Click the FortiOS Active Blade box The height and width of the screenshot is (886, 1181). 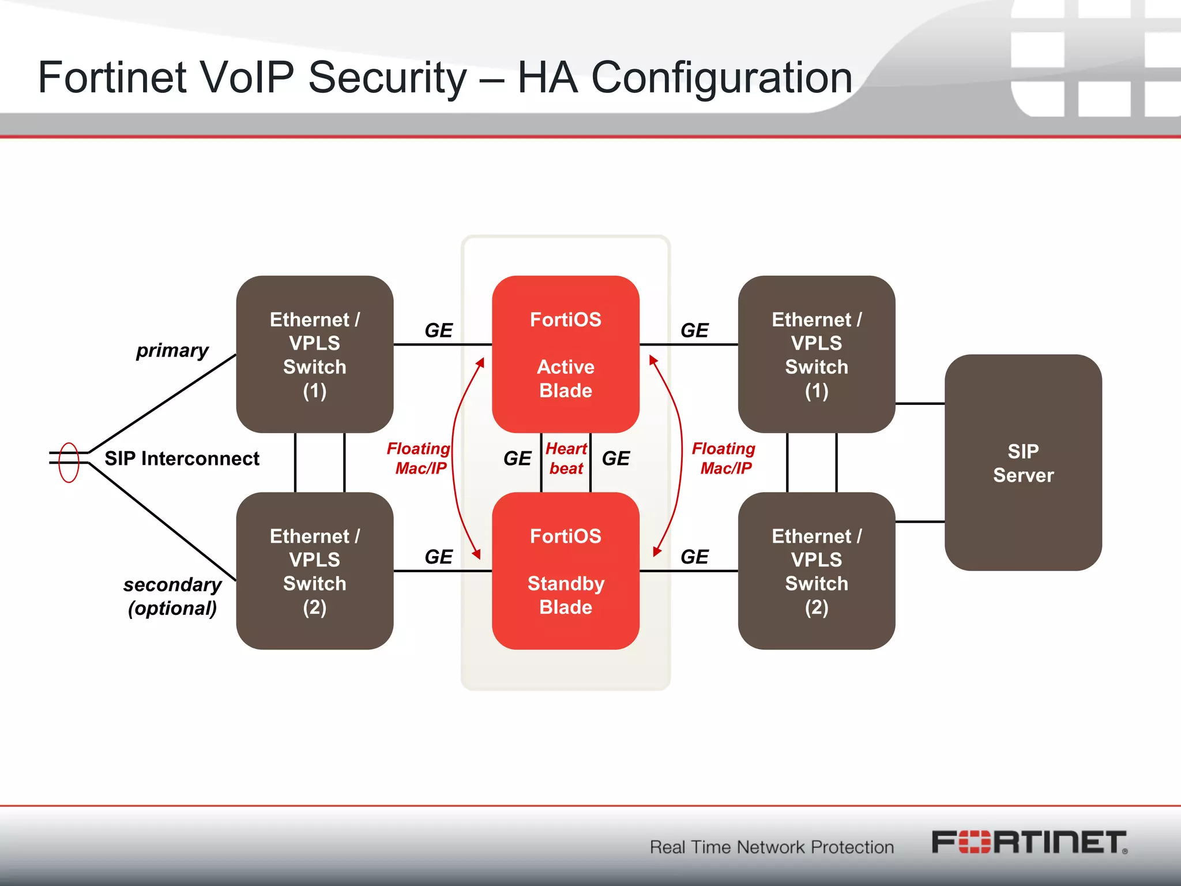(x=565, y=354)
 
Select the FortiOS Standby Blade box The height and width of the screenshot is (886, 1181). (x=565, y=570)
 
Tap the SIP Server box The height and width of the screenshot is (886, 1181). (x=1023, y=463)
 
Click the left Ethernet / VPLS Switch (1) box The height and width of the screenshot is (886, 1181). (x=314, y=354)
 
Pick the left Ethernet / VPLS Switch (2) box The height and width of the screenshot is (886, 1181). (x=314, y=570)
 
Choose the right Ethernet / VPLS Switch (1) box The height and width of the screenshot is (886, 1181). (x=816, y=354)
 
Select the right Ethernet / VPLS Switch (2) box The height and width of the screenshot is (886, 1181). (x=816, y=570)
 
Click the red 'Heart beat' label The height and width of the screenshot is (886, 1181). (x=566, y=459)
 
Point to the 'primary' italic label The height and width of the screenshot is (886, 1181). (x=172, y=350)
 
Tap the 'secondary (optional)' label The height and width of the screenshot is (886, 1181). (x=172, y=596)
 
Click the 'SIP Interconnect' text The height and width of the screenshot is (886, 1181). (x=182, y=459)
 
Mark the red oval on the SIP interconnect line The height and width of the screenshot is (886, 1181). (x=69, y=462)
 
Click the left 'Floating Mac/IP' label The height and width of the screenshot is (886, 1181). (x=419, y=459)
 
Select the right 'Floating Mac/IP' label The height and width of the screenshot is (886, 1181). (x=724, y=459)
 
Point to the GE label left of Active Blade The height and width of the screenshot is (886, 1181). (x=438, y=331)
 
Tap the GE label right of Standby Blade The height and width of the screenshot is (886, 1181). (x=694, y=557)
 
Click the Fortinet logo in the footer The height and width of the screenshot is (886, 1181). (x=1029, y=843)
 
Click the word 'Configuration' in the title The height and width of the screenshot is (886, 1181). (x=721, y=77)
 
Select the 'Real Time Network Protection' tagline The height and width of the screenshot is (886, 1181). (x=772, y=847)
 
